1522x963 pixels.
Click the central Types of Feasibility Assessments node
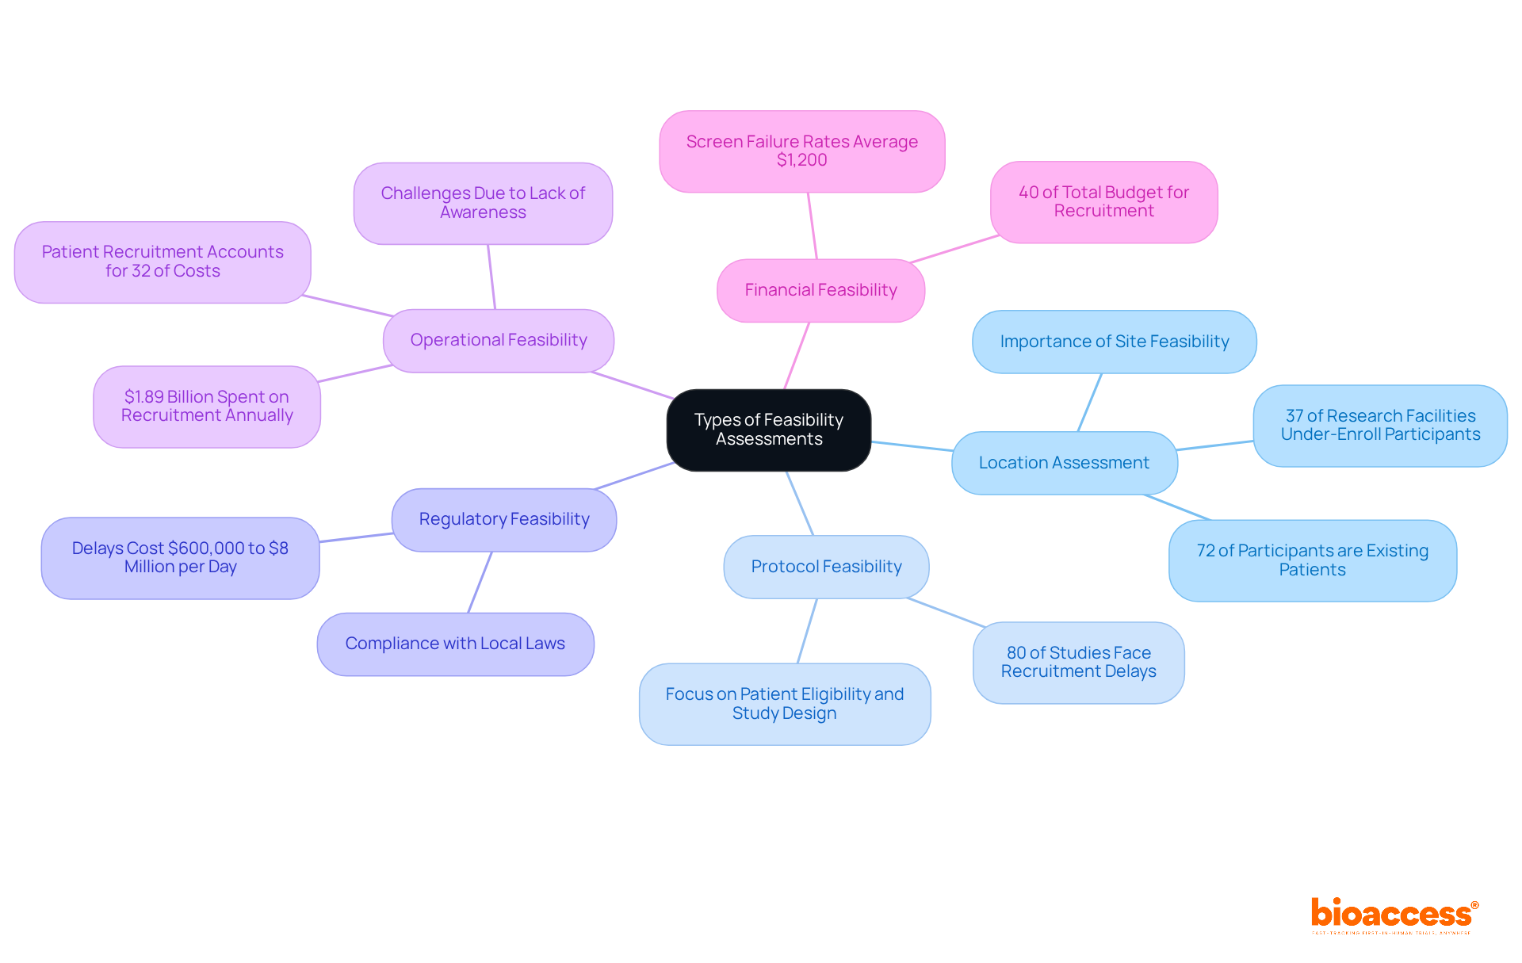[x=768, y=430]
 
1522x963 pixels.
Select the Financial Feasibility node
[x=820, y=290]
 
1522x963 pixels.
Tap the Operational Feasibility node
[x=498, y=340]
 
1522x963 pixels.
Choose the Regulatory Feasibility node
[x=504, y=519]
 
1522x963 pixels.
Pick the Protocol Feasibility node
[x=826, y=567]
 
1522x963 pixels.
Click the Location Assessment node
[x=1064, y=463]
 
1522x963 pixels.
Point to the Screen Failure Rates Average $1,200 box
[x=801, y=151]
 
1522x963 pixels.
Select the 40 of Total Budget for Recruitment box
[x=1103, y=201]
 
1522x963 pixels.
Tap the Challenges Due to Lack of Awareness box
[x=483, y=203]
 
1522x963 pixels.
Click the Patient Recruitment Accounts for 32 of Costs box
[x=163, y=262]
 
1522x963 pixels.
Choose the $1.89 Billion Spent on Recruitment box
[x=207, y=406]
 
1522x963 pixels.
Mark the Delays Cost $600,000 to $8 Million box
[x=180, y=557]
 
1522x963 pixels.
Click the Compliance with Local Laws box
[x=455, y=644]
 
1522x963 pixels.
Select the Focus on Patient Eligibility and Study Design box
[x=784, y=704]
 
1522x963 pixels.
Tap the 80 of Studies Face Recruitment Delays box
[x=1078, y=662]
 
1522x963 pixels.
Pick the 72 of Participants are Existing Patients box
[x=1312, y=560]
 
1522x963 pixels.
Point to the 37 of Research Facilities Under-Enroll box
[x=1380, y=425]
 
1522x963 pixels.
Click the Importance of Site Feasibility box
[x=1114, y=342]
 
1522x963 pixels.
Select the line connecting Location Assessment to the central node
[x=912, y=446]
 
